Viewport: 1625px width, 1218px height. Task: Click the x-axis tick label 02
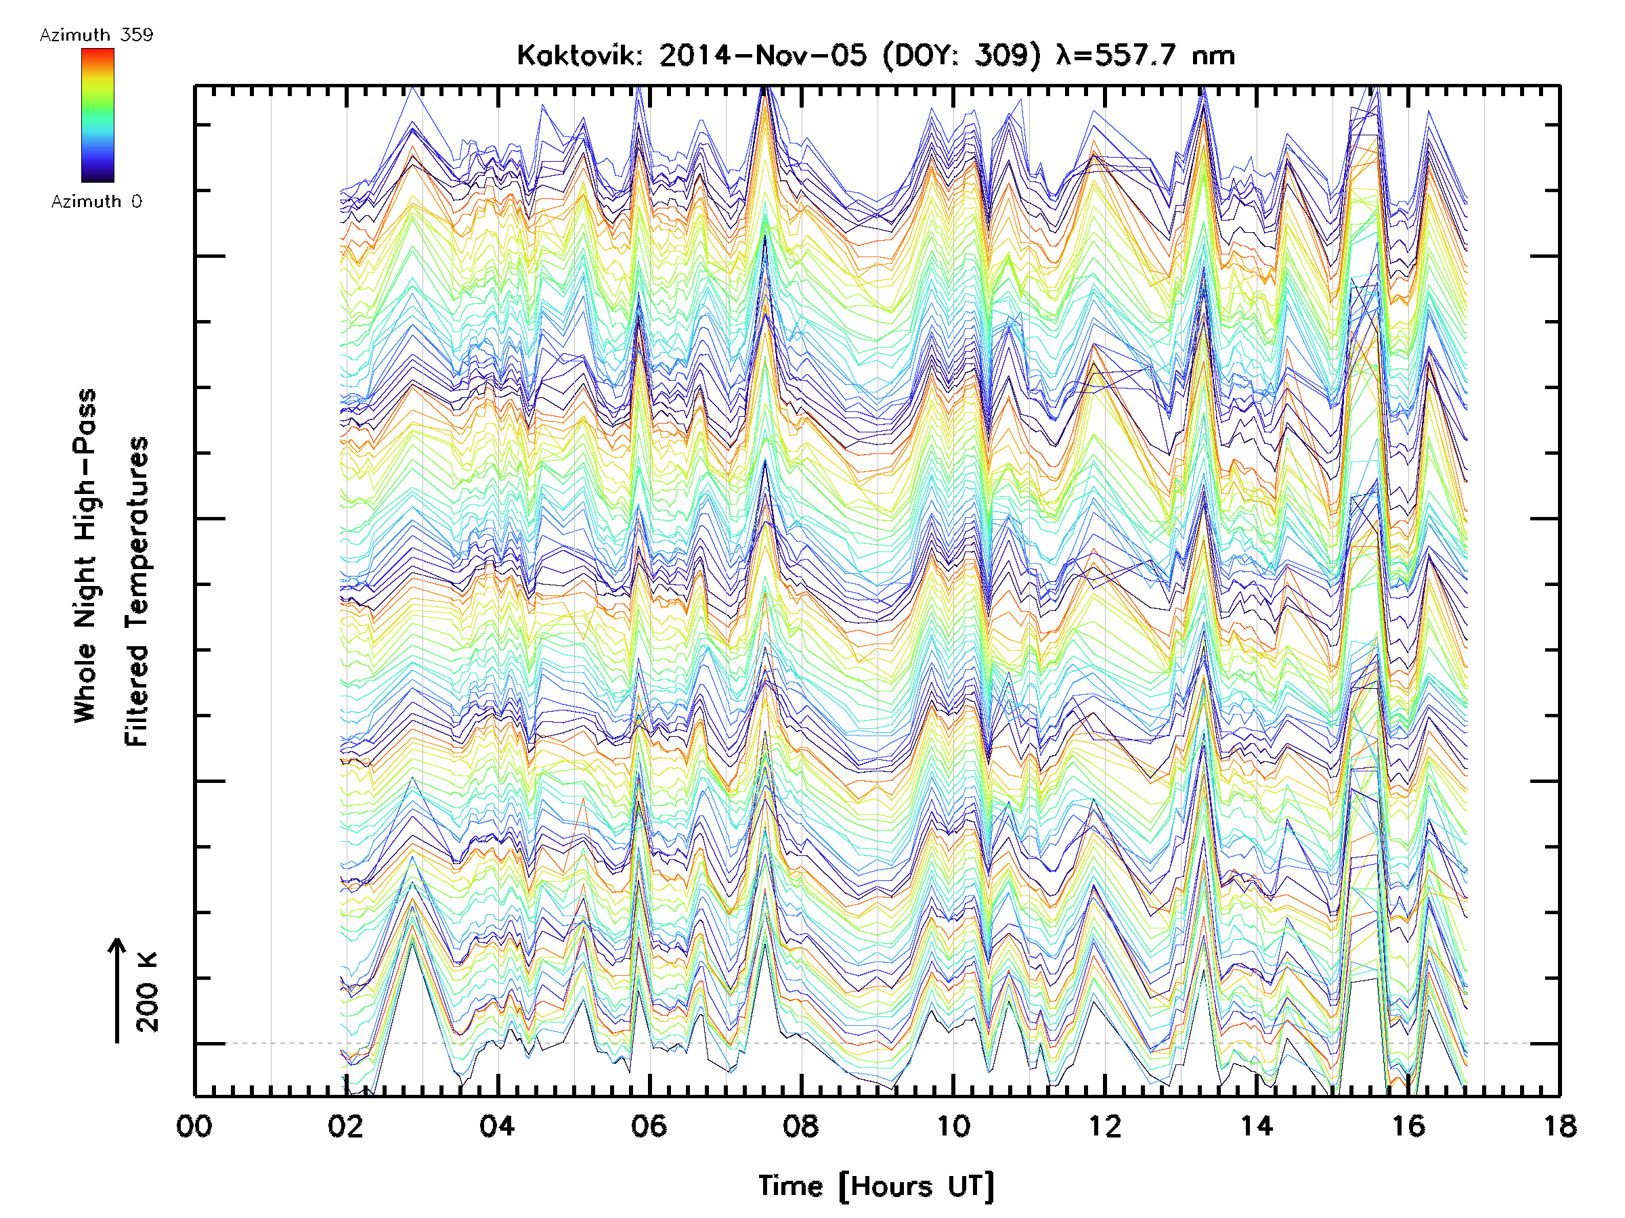[x=345, y=1126]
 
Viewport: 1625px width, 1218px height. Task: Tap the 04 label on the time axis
[x=498, y=1126]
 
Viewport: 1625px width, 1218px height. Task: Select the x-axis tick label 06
[x=649, y=1126]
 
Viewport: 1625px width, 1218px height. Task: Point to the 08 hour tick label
[x=801, y=1126]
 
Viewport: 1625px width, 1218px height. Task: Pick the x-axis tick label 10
[x=953, y=1126]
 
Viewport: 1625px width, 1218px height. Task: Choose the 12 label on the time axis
[x=1104, y=1126]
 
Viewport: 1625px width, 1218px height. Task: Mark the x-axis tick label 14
[x=1256, y=1126]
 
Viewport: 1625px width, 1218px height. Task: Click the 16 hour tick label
[x=1408, y=1126]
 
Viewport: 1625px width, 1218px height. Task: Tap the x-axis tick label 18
[x=1559, y=1126]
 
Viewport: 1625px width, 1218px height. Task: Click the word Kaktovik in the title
[x=579, y=55]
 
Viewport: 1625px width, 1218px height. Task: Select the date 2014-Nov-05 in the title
[x=762, y=55]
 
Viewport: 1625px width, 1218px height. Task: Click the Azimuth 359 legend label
[x=96, y=35]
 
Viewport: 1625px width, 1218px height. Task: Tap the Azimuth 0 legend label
[x=96, y=201]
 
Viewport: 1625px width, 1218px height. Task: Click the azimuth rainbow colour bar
[x=97, y=114]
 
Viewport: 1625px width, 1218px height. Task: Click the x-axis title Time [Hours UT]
[x=876, y=1186]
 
